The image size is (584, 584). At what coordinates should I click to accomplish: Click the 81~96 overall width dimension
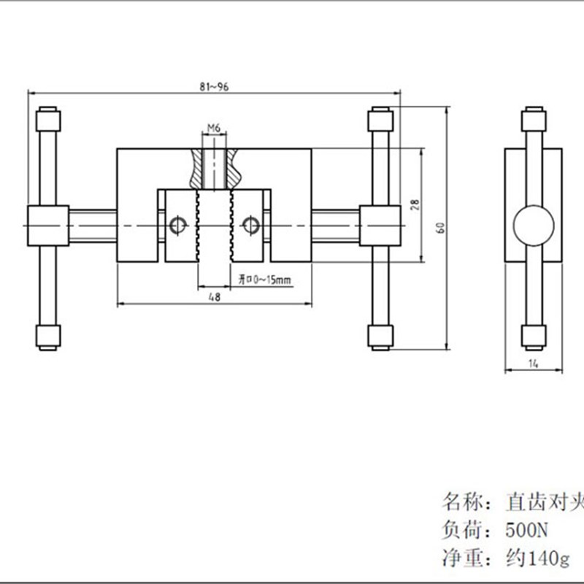[213, 87]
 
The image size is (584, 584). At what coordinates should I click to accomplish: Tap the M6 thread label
[214, 128]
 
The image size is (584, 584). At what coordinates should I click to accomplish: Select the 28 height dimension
[415, 205]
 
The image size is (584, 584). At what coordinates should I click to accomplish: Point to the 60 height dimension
[440, 228]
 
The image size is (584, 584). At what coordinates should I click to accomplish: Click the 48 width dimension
[215, 296]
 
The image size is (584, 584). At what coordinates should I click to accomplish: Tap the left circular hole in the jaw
[177, 226]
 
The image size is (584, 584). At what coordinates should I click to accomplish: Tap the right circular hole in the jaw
[250, 226]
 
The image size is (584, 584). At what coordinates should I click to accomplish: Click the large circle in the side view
[534, 227]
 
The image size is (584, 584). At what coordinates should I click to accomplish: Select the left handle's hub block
[48, 226]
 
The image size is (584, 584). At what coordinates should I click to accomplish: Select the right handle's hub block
[380, 226]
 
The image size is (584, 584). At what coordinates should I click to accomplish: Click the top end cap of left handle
[48, 118]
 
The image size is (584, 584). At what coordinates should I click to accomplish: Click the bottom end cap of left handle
[48, 337]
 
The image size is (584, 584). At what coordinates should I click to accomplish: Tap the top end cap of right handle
[380, 118]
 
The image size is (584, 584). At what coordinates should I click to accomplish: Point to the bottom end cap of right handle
[380, 337]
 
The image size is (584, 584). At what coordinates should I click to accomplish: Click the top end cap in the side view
[534, 119]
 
